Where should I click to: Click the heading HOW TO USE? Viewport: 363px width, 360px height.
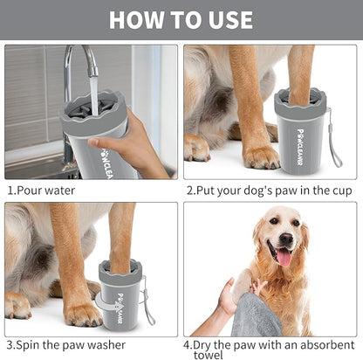pos(181,19)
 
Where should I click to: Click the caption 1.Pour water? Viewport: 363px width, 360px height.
pos(41,190)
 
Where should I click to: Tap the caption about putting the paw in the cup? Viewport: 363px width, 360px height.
pos(263,190)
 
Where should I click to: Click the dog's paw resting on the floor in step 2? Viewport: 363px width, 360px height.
pos(261,156)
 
